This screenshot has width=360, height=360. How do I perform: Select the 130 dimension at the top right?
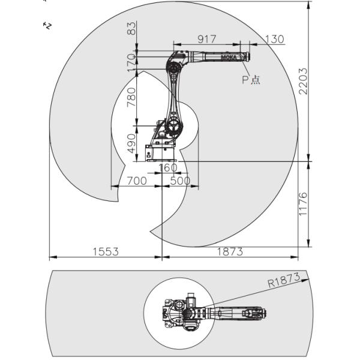(x=274, y=39)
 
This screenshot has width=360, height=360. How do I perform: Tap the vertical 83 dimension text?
(x=131, y=28)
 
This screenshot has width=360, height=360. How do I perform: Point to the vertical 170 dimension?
(x=131, y=61)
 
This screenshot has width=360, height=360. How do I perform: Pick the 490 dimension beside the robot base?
(x=131, y=143)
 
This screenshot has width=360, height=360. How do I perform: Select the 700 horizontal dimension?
(x=136, y=181)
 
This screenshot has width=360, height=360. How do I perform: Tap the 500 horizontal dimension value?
(x=180, y=181)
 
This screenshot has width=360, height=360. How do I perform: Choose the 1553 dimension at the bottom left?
(x=105, y=252)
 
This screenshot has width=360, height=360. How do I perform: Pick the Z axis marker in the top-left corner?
(x=46, y=25)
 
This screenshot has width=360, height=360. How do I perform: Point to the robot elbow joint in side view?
(x=175, y=64)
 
